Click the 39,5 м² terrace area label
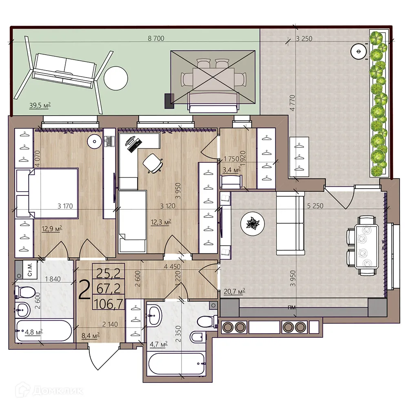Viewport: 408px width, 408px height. (x=40, y=105)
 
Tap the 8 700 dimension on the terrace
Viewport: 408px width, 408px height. (x=156, y=39)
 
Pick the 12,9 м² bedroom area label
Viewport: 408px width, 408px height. (x=51, y=229)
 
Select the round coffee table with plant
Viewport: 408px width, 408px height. (x=252, y=223)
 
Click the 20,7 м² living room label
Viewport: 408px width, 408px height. (x=235, y=291)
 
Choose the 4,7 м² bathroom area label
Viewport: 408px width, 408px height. (x=158, y=345)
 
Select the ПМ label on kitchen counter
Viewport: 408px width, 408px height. (x=292, y=306)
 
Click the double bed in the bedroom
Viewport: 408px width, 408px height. (x=47, y=193)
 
